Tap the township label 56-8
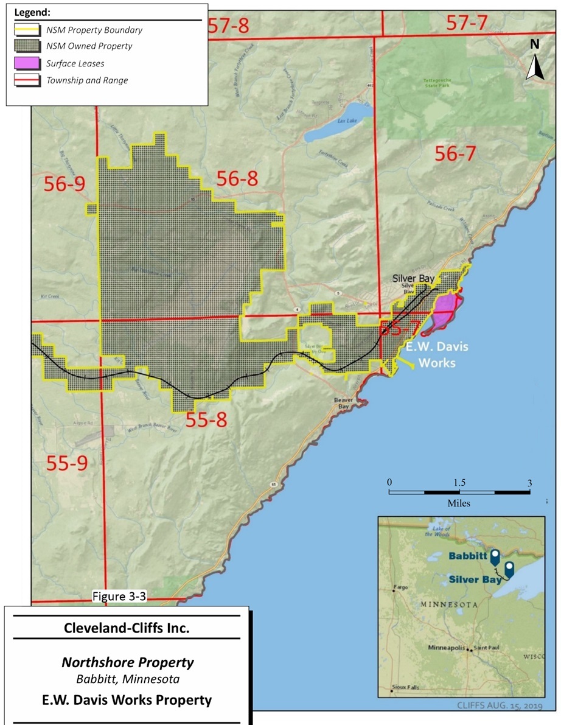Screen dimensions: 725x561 pos(237,178)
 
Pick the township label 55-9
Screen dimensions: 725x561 pos(67,464)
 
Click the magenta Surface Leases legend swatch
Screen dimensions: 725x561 pos(27,63)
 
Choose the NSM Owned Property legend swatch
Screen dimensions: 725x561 pos(27,46)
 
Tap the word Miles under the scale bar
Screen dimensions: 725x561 pos(459,503)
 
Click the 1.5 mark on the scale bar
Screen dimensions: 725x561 pos(459,482)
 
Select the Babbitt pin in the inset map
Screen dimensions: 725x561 pos(495,555)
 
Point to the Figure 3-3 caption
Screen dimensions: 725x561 pos(116,596)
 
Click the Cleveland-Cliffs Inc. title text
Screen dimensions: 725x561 pos(127,628)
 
